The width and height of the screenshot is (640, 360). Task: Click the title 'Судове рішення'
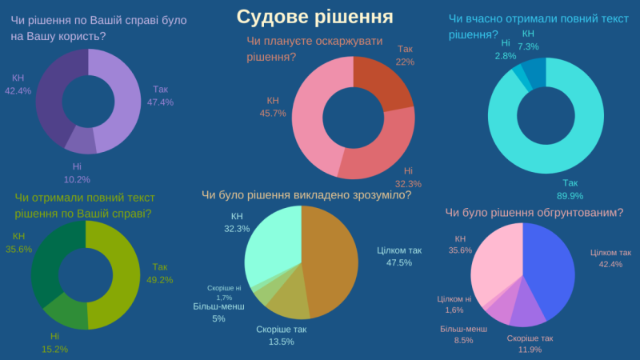coord(314,17)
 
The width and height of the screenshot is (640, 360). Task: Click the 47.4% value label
coord(160,102)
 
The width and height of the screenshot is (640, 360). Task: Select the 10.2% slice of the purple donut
coord(80,140)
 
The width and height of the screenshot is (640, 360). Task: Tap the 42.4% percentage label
coord(18,90)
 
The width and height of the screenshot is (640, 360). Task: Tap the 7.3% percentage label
coord(528,47)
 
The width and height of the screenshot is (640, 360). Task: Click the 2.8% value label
coord(505,56)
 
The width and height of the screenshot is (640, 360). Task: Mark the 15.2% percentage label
coord(54,348)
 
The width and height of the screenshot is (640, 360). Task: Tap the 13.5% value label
coord(281,342)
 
